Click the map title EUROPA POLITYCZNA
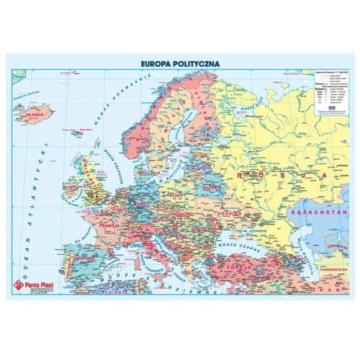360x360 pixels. pos(181,63)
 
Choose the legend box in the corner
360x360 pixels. pos(323,93)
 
